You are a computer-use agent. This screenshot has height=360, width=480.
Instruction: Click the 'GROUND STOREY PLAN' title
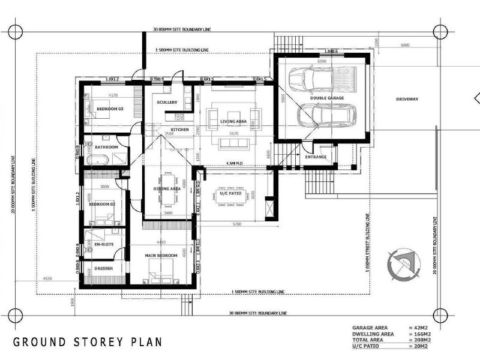(x=88, y=343)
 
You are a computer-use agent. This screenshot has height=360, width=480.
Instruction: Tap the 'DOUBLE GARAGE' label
(x=326, y=97)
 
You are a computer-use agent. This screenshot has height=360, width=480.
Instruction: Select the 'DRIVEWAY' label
(x=406, y=98)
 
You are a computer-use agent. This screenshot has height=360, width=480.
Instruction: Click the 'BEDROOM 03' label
(x=110, y=109)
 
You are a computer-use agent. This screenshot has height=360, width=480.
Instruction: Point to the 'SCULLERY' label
(x=167, y=103)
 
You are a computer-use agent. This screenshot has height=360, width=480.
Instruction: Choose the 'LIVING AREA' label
(x=233, y=121)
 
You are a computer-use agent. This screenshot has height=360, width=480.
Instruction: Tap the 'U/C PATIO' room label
(x=230, y=193)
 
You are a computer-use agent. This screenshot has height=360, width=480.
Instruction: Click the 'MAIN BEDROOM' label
(x=161, y=256)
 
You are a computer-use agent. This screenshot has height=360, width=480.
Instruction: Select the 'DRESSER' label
(x=104, y=268)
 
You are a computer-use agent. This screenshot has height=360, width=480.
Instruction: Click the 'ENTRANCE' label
(x=316, y=157)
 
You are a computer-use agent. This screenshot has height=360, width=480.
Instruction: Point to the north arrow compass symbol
(x=401, y=263)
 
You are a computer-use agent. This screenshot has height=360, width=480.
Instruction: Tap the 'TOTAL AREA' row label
(x=367, y=340)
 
